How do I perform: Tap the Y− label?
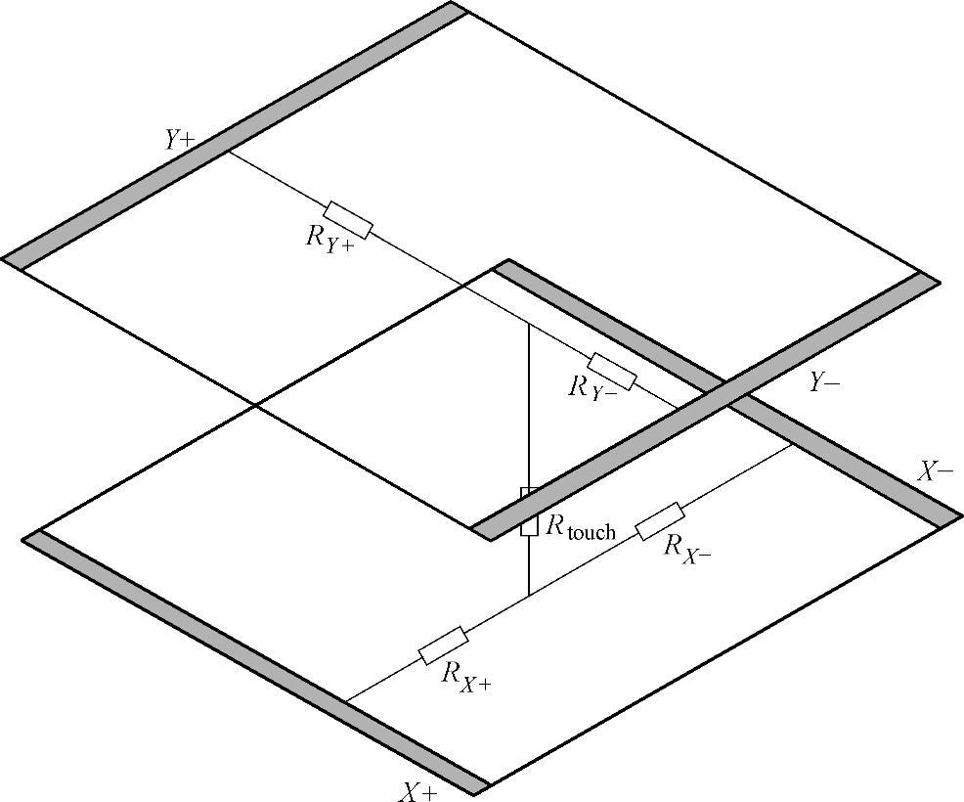tap(823, 383)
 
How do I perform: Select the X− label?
tap(935, 472)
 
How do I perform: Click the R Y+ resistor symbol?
tap(348, 220)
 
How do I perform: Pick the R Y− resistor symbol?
tap(611, 371)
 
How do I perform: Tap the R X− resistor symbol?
tap(660, 521)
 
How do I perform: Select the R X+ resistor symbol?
tap(443, 646)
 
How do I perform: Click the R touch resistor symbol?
tap(529, 511)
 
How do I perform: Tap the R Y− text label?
tap(592, 388)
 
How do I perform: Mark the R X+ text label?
tap(466, 676)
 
